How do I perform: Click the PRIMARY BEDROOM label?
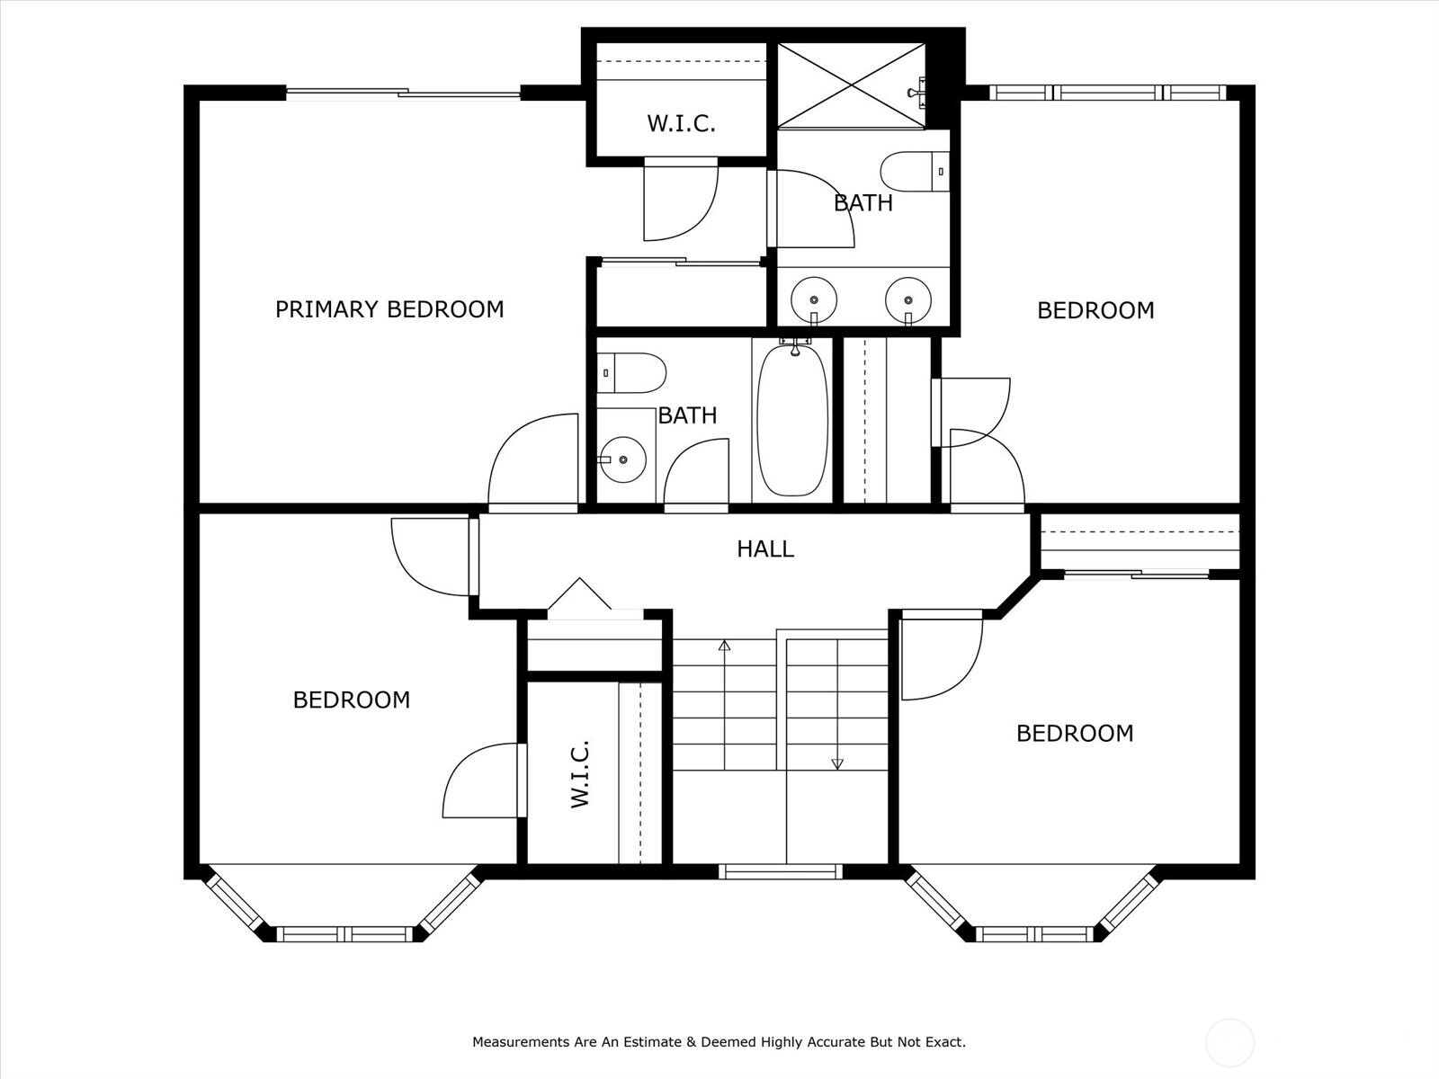click(389, 309)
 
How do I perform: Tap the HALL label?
click(765, 549)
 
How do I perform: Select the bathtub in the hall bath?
click(792, 420)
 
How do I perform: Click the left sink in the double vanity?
click(814, 299)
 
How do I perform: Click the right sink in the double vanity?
click(908, 300)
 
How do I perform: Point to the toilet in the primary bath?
click(915, 172)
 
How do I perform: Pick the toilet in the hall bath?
click(631, 373)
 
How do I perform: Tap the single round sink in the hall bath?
click(622, 459)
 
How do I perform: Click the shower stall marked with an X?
click(851, 85)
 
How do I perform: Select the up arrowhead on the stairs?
click(724, 646)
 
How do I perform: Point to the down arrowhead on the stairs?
click(837, 763)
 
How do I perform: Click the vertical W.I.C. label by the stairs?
click(580, 773)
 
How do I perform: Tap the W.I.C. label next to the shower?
click(681, 123)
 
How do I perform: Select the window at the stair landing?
click(780, 871)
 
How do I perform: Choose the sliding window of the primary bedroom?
click(403, 93)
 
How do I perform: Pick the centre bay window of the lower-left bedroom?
click(344, 933)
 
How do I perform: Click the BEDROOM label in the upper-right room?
click(1095, 310)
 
